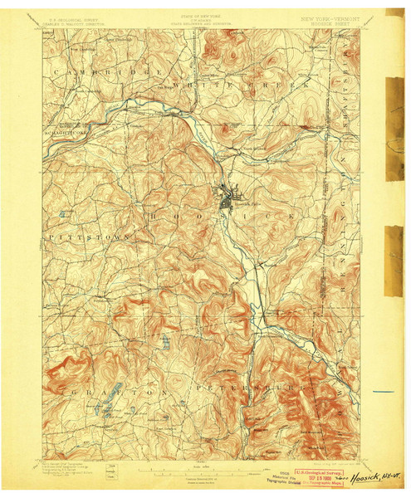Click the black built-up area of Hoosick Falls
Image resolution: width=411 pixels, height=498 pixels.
[226, 198]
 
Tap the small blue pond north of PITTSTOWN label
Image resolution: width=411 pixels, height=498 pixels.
[62, 215]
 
